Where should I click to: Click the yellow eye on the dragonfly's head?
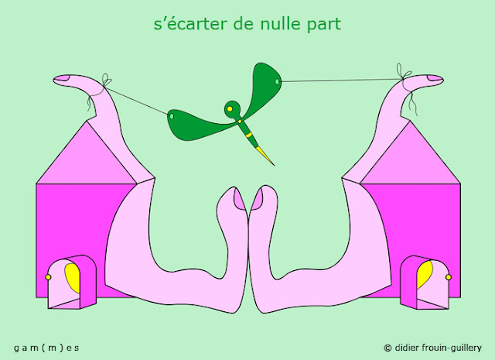coord(229,108)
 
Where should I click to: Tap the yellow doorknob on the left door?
coord(48,276)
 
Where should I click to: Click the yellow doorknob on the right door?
coord(448,276)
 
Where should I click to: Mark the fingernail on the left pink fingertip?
coord(63,78)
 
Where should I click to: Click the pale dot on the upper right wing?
coord(277,81)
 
